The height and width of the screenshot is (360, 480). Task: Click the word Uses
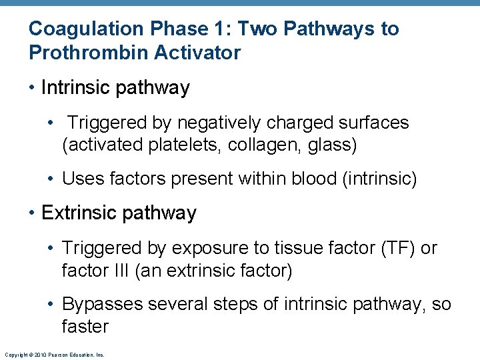tap(81, 179)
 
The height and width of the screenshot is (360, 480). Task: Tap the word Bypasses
tap(103, 305)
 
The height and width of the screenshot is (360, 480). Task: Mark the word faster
tap(85, 327)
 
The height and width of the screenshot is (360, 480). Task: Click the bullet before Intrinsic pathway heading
tap(33, 88)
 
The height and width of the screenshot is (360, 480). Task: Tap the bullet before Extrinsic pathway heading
tap(33, 213)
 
